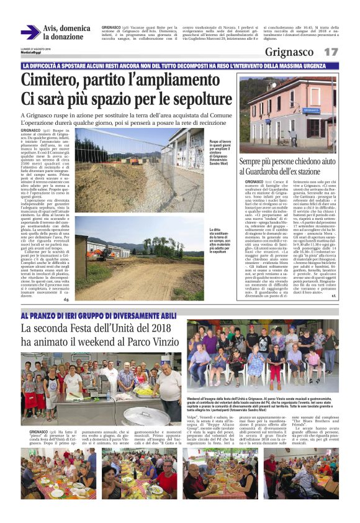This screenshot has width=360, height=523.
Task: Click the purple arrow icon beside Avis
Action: (x=30, y=32)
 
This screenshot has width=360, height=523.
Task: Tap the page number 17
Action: (x=331, y=52)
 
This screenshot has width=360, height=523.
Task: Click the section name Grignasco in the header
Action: (x=290, y=52)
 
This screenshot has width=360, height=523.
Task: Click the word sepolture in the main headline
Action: (x=196, y=99)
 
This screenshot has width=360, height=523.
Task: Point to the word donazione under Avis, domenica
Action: (x=63, y=37)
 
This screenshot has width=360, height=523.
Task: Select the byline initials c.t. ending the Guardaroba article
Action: (x=333, y=296)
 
